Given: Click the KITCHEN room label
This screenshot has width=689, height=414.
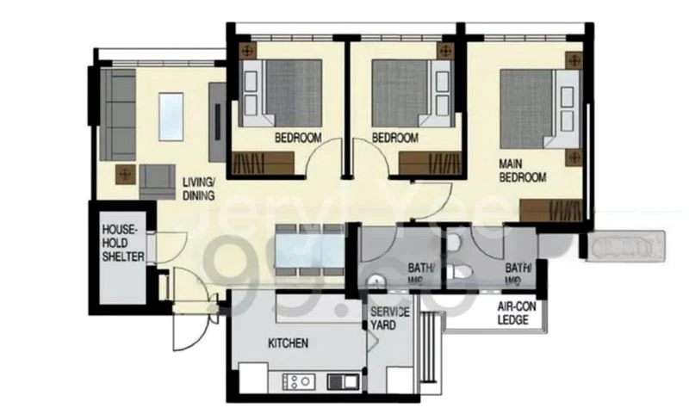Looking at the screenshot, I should click(288, 343).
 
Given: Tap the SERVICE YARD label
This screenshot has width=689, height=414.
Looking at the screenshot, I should click(389, 318).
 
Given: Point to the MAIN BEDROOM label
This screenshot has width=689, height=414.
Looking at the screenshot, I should click(523, 170).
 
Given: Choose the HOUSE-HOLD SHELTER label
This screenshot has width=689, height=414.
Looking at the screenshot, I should click(122, 244).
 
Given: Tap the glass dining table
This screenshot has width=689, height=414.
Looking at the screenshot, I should click(309, 250).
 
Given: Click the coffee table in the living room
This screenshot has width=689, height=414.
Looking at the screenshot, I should click(171, 116).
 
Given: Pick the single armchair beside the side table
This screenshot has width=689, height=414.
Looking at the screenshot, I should click(156, 180).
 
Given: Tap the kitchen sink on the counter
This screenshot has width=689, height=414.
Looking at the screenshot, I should click(350, 380).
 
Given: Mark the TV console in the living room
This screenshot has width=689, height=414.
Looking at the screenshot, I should click(218, 118).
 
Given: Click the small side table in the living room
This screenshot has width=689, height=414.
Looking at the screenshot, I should click(126, 174).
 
